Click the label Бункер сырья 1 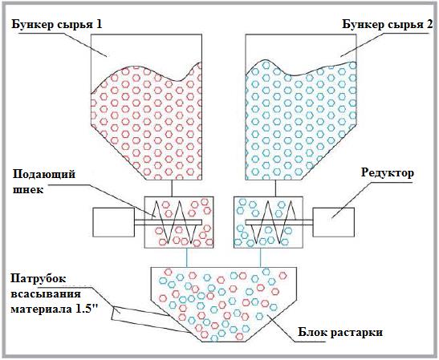point(57,25)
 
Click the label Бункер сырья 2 point(388,25)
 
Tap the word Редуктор point(387,173)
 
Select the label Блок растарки point(340,333)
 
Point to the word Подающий point(44,175)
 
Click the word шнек point(28,190)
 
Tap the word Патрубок point(38,279)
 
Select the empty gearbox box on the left point(114,222)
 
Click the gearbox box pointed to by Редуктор point(333,222)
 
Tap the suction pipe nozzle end point(116,313)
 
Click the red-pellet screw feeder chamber point(179,222)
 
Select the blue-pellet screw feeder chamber point(268,222)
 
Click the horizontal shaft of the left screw point(168,222)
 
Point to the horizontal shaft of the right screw point(279,222)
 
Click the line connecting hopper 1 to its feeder point(172,188)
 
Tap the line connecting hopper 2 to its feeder point(276,188)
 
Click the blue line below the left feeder point(187,257)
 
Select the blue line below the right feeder point(261,257)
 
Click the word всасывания point(46,294)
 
